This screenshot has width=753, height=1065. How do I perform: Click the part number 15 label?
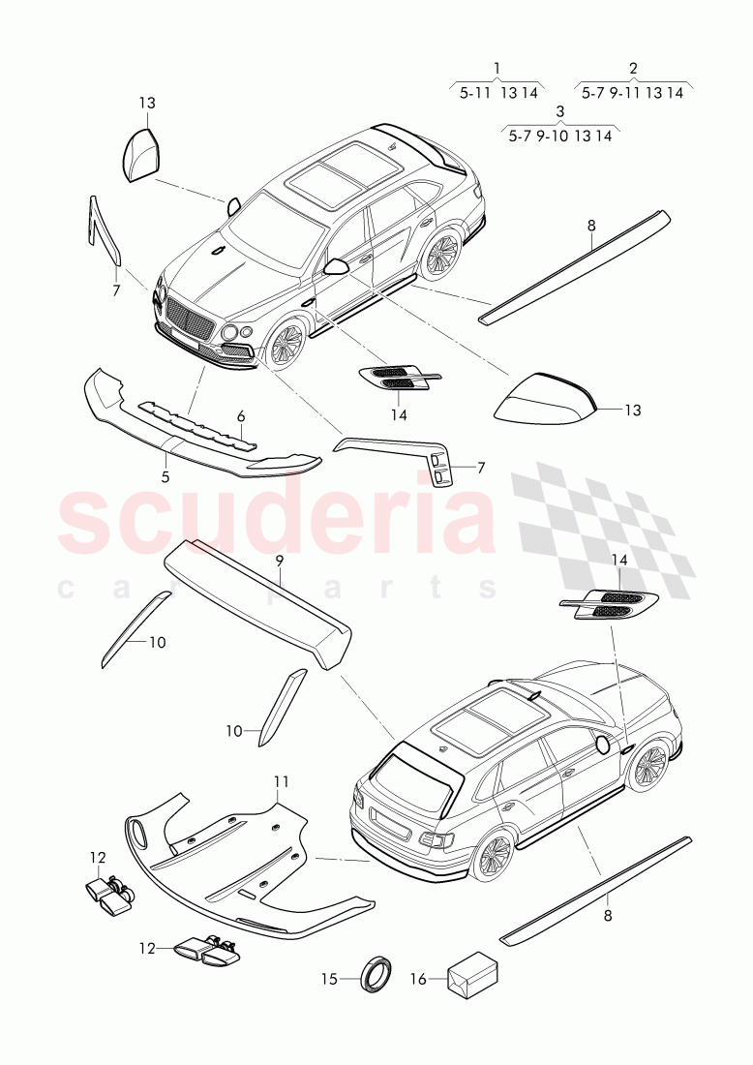click(x=330, y=979)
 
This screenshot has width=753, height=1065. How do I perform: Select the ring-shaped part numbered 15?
click(x=374, y=974)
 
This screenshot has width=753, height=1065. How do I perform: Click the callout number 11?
click(x=281, y=781)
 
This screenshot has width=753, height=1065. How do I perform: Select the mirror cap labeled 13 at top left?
click(x=139, y=154)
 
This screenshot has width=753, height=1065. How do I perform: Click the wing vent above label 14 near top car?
click(x=398, y=378)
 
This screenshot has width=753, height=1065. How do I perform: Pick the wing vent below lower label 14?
click(x=609, y=605)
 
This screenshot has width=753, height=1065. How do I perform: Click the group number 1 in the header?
click(x=497, y=68)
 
